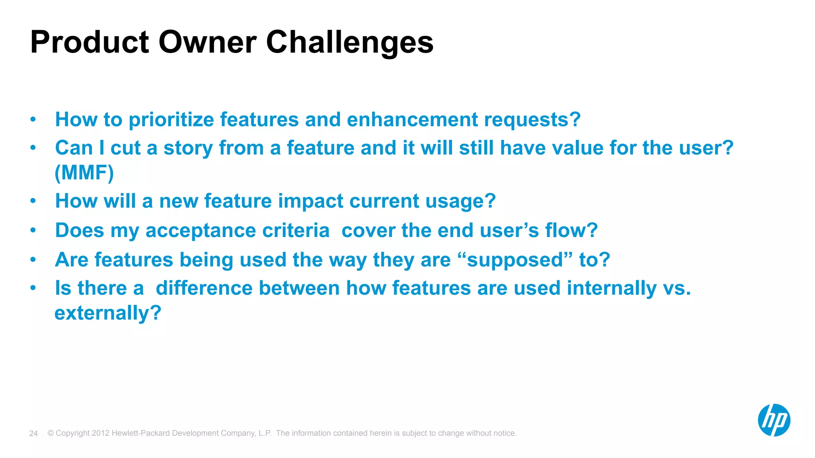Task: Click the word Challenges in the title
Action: coord(349,42)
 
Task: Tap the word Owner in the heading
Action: coord(207,42)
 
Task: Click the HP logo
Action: coord(774,420)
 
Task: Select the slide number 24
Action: coord(33,433)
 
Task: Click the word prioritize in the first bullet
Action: coord(171,120)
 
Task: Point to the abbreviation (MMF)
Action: coord(84,173)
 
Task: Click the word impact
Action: coord(310,201)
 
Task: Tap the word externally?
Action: coord(108,313)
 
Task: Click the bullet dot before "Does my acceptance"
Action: coord(33,230)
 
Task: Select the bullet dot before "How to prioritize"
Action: coord(33,119)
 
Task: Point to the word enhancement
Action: coord(412,120)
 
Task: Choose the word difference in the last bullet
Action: coord(204,288)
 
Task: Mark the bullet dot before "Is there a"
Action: coord(33,288)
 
